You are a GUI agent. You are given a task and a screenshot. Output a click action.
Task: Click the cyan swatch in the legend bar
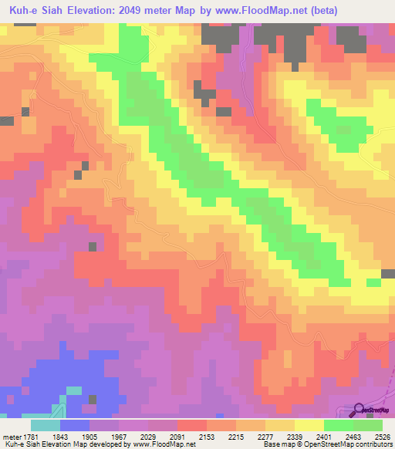tap(45, 425)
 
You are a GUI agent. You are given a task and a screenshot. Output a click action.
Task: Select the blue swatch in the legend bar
tap(75, 425)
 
